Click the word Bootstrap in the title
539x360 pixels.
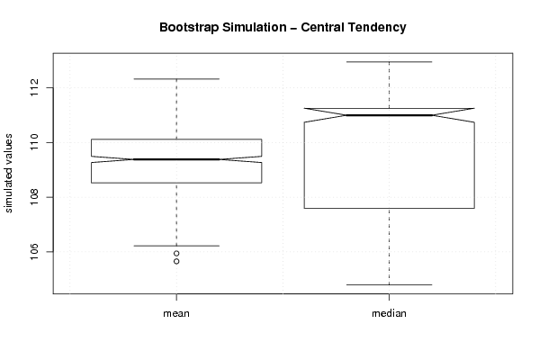click(x=189, y=28)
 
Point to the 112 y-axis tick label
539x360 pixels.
click(x=36, y=87)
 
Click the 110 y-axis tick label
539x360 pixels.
click(x=36, y=142)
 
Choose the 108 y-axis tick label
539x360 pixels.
click(x=36, y=197)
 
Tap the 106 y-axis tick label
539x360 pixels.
click(x=36, y=252)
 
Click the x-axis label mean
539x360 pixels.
click(x=176, y=313)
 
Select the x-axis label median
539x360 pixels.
click(x=389, y=313)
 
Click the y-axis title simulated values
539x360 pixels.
click(x=8, y=174)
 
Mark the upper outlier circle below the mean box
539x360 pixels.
click(x=176, y=254)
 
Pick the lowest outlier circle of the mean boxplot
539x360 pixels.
click(x=176, y=261)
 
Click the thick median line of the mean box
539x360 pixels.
click(x=176, y=159)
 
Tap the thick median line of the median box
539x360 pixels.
click(x=389, y=115)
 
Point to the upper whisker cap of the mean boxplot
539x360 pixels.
click(x=176, y=79)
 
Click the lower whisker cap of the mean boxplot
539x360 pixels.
click(x=176, y=246)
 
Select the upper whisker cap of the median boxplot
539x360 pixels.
click(x=389, y=62)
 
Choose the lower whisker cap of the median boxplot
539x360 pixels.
click(x=389, y=284)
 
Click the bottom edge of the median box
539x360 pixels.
click(x=389, y=208)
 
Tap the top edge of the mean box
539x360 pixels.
click(x=176, y=139)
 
